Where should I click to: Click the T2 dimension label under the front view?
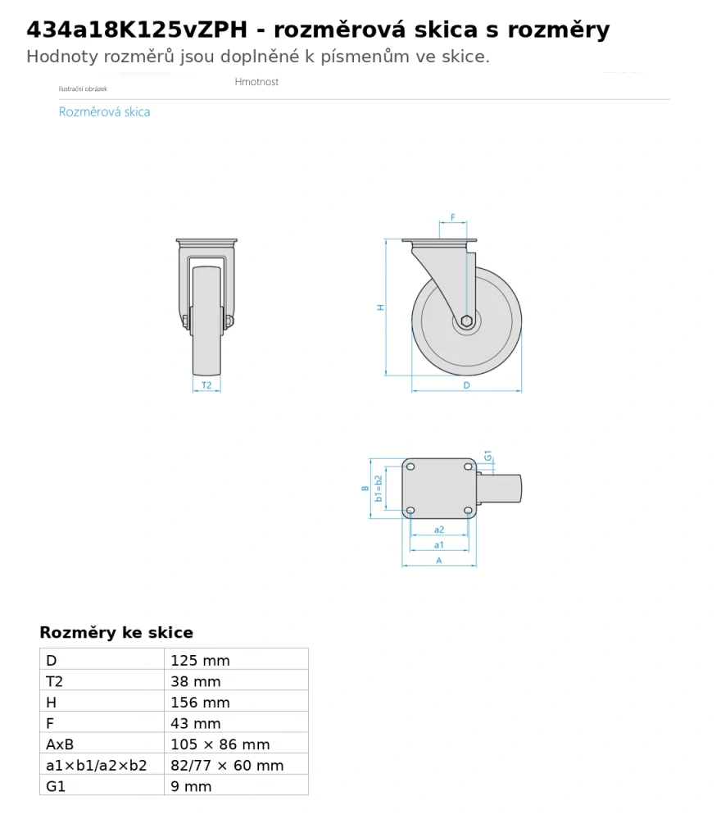(x=206, y=385)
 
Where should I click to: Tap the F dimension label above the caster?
(x=452, y=216)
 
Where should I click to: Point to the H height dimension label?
(x=381, y=307)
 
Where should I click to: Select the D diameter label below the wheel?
(x=466, y=385)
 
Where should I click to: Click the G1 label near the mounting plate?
(x=487, y=456)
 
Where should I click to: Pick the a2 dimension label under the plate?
(x=439, y=530)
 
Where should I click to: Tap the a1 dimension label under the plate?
(x=439, y=545)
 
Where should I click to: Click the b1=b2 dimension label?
(x=379, y=489)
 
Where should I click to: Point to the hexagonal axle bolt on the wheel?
(x=467, y=321)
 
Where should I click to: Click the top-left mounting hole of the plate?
(x=410, y=466)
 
